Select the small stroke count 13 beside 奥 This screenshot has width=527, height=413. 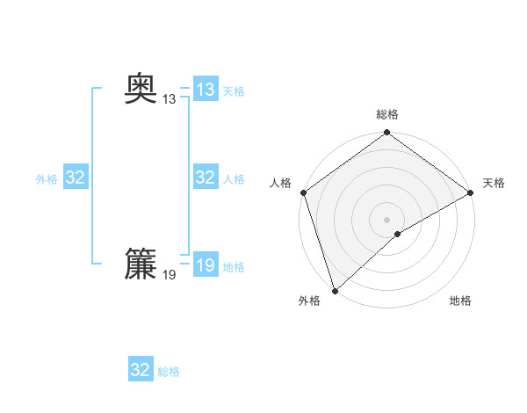tap(169, 99)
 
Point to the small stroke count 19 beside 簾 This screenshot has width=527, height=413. tap(169, 275)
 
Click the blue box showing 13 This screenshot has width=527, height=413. tap(206, 90)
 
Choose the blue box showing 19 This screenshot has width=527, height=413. tap(206, 265)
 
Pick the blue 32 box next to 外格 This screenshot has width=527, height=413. tap(76, 178)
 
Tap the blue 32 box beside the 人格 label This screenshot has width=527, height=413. tap(206, 178)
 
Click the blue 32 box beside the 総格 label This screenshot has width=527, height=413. tap(141, 370)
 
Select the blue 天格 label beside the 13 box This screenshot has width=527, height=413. tap(234, 91)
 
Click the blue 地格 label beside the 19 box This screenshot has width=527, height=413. tap(234, 267)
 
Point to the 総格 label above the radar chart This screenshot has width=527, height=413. tap(387, 115)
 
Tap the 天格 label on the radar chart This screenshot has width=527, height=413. tap(494, 183)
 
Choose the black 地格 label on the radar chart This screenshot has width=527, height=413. tap(460, 301)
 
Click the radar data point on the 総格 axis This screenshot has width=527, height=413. tap(387, 134)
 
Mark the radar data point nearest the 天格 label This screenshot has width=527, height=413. tap(471, 193)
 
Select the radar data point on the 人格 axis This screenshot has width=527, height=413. tap(303, 193)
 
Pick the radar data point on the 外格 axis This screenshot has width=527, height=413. tap(335, 290)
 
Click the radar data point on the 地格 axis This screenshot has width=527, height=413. tap(398, 234)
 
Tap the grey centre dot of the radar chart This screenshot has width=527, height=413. tap(387, 219)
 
